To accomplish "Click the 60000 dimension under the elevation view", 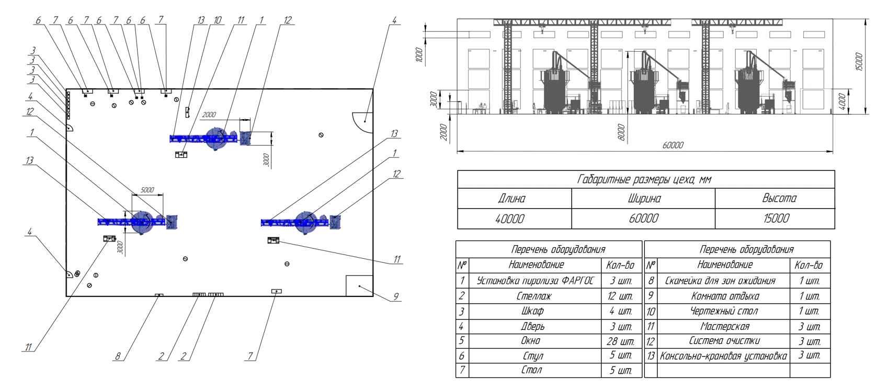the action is coord(673,145).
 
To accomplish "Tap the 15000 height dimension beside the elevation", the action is coord(859,62).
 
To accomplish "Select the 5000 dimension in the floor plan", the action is coord(147,190).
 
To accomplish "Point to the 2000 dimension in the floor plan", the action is coord(209,114).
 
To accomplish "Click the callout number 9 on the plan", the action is coord(396,296).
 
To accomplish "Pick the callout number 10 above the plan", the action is coord(218,20).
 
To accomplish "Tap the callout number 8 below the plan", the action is coord(118,356).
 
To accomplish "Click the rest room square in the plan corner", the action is coord(359,285).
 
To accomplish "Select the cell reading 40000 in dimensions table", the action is coord(510,218).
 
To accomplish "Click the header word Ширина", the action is coord(644,199).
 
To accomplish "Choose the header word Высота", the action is coord(779,198).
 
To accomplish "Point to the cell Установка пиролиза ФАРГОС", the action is coord(535,281).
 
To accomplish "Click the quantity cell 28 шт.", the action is coord(620,341).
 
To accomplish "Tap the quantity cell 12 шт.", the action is coord(620,296).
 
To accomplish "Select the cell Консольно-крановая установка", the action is coord(723,356).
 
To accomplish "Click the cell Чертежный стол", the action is coord(724,311).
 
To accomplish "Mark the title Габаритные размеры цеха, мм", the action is coord(644,179).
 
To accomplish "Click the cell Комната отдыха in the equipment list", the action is coord(725,296).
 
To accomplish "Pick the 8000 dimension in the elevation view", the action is coord(622,132).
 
